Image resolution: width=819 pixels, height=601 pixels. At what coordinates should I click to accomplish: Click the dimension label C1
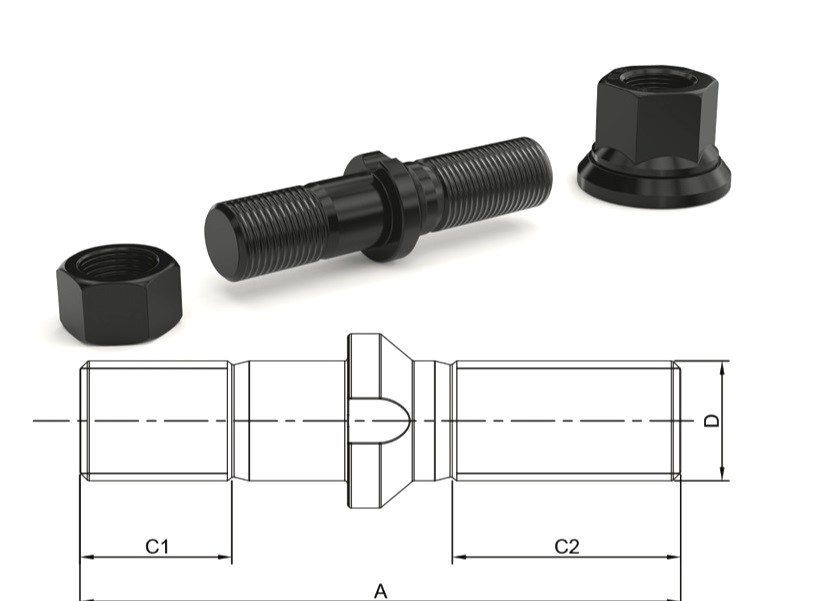157,546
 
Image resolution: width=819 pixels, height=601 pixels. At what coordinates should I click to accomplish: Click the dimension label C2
567,546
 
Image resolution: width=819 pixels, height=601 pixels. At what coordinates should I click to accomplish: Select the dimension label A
380,591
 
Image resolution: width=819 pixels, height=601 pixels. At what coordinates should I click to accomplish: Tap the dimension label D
711,421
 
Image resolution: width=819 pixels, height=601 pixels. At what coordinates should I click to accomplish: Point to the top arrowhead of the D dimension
723,367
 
